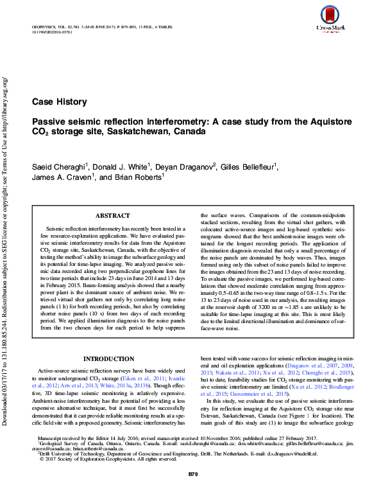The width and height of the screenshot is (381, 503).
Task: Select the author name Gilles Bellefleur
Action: click(x=248, y=168)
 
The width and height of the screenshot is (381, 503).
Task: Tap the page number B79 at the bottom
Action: click(x=191, y=491)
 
